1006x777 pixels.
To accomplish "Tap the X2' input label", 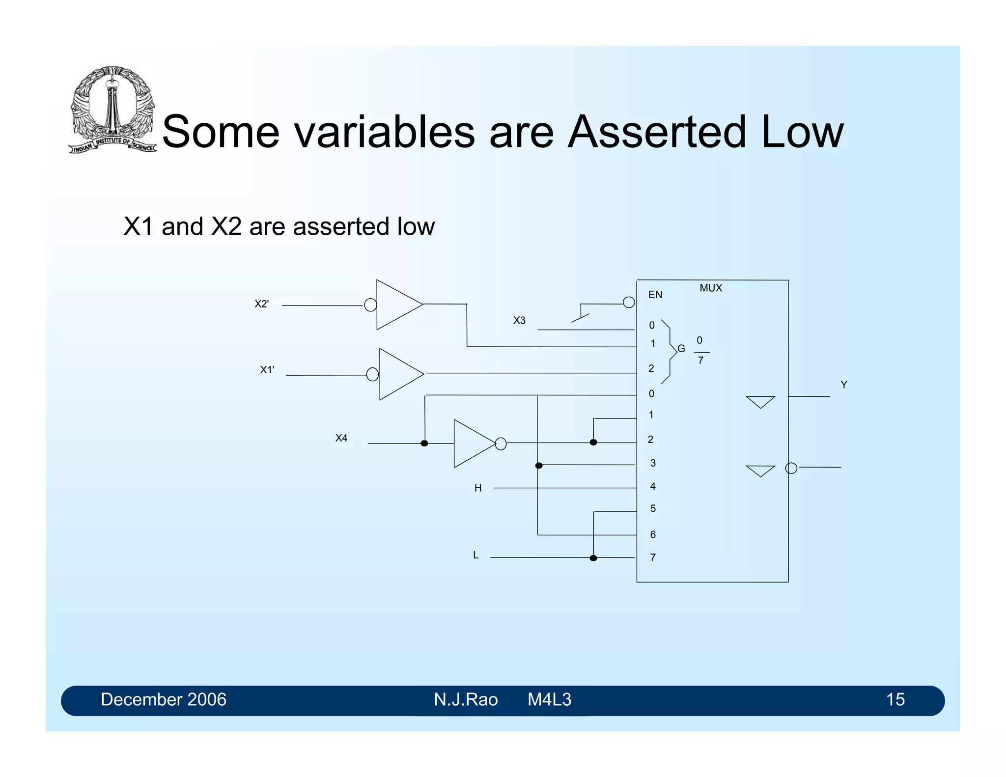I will point(261,304).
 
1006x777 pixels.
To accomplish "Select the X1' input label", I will point(267,370).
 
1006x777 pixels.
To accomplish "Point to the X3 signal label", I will point(519,320).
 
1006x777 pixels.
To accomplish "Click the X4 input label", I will point(341,438).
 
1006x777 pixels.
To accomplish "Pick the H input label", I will point(477,488).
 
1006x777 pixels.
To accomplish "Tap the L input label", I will point(475,555).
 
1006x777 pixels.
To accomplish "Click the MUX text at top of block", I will point(710,288).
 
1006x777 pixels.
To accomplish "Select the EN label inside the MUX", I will point(655,295).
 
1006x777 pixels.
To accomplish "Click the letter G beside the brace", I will point(681,349).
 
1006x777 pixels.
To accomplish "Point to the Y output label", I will point(843,385).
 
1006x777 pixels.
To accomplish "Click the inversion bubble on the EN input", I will point(629,303).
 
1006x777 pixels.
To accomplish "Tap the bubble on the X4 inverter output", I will point(501,444).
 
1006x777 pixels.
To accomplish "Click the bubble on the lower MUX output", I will point(791,468).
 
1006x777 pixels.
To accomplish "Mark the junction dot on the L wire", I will point(593,558).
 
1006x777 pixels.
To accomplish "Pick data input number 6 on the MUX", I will point(653,534).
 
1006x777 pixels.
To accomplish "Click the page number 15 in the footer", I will point(895,699).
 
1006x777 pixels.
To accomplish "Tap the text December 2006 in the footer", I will point(164,699).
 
